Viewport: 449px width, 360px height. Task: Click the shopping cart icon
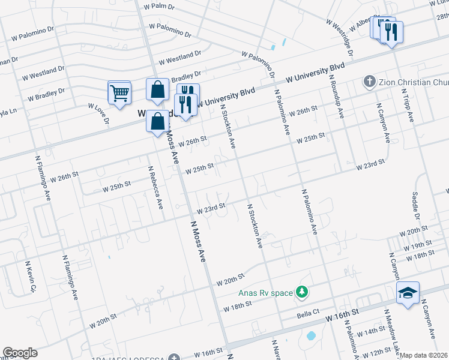click(x=119, y=93)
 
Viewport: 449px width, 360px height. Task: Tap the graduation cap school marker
click(x=408, y=293)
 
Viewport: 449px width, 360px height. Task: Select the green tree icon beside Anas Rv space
click(x=303, y=292)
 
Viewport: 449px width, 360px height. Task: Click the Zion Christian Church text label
click(x=414, y=81)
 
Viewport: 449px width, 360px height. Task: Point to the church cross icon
click(x=369, y=81)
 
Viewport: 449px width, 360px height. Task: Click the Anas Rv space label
click(x=265, y=293)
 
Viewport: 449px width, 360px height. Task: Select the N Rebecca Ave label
click(x=155, y=188)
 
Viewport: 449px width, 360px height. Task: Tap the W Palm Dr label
click(x=159, y=7)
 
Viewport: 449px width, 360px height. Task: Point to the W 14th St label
click(x=371, y=331)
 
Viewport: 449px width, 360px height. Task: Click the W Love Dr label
click(x=98, y=113)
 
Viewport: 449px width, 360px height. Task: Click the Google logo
click(x=20, y=353)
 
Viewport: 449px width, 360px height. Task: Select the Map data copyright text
click(x=424, y=355)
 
